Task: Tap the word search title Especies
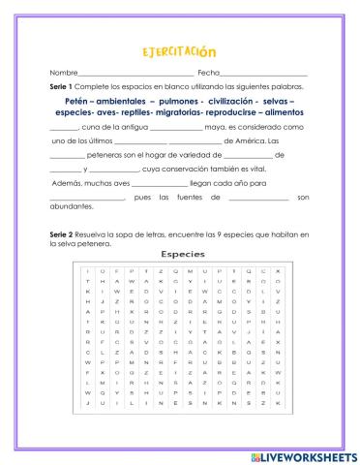[x=180, y=254]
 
